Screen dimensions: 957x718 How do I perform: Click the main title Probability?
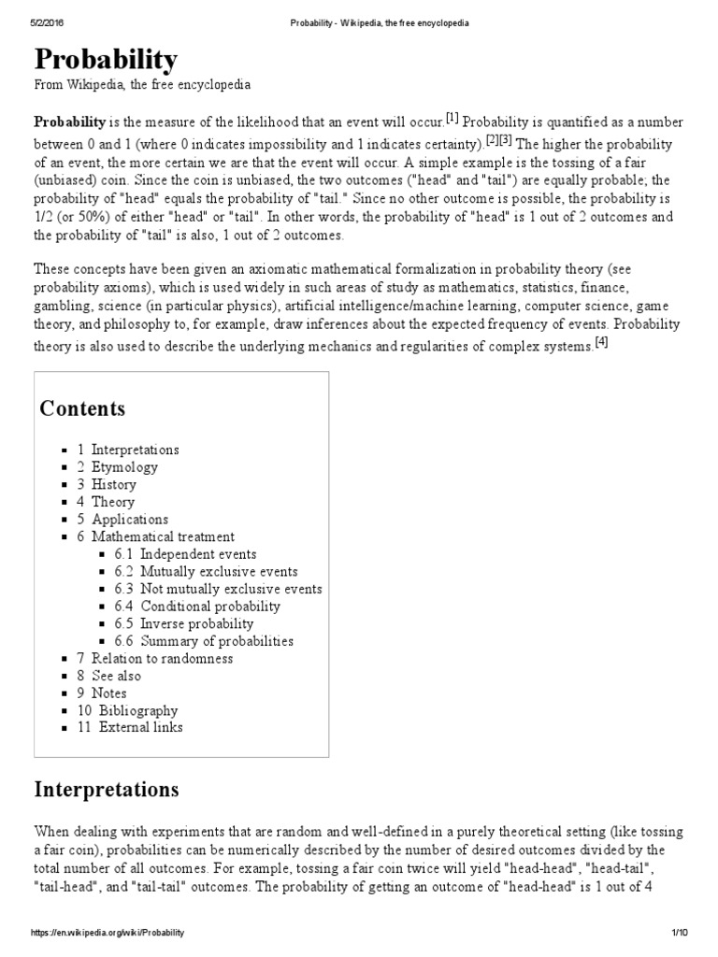click(106, 61)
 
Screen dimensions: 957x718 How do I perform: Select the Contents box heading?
click(82, 408)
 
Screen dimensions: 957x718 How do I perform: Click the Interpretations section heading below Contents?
click(107, 790)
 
